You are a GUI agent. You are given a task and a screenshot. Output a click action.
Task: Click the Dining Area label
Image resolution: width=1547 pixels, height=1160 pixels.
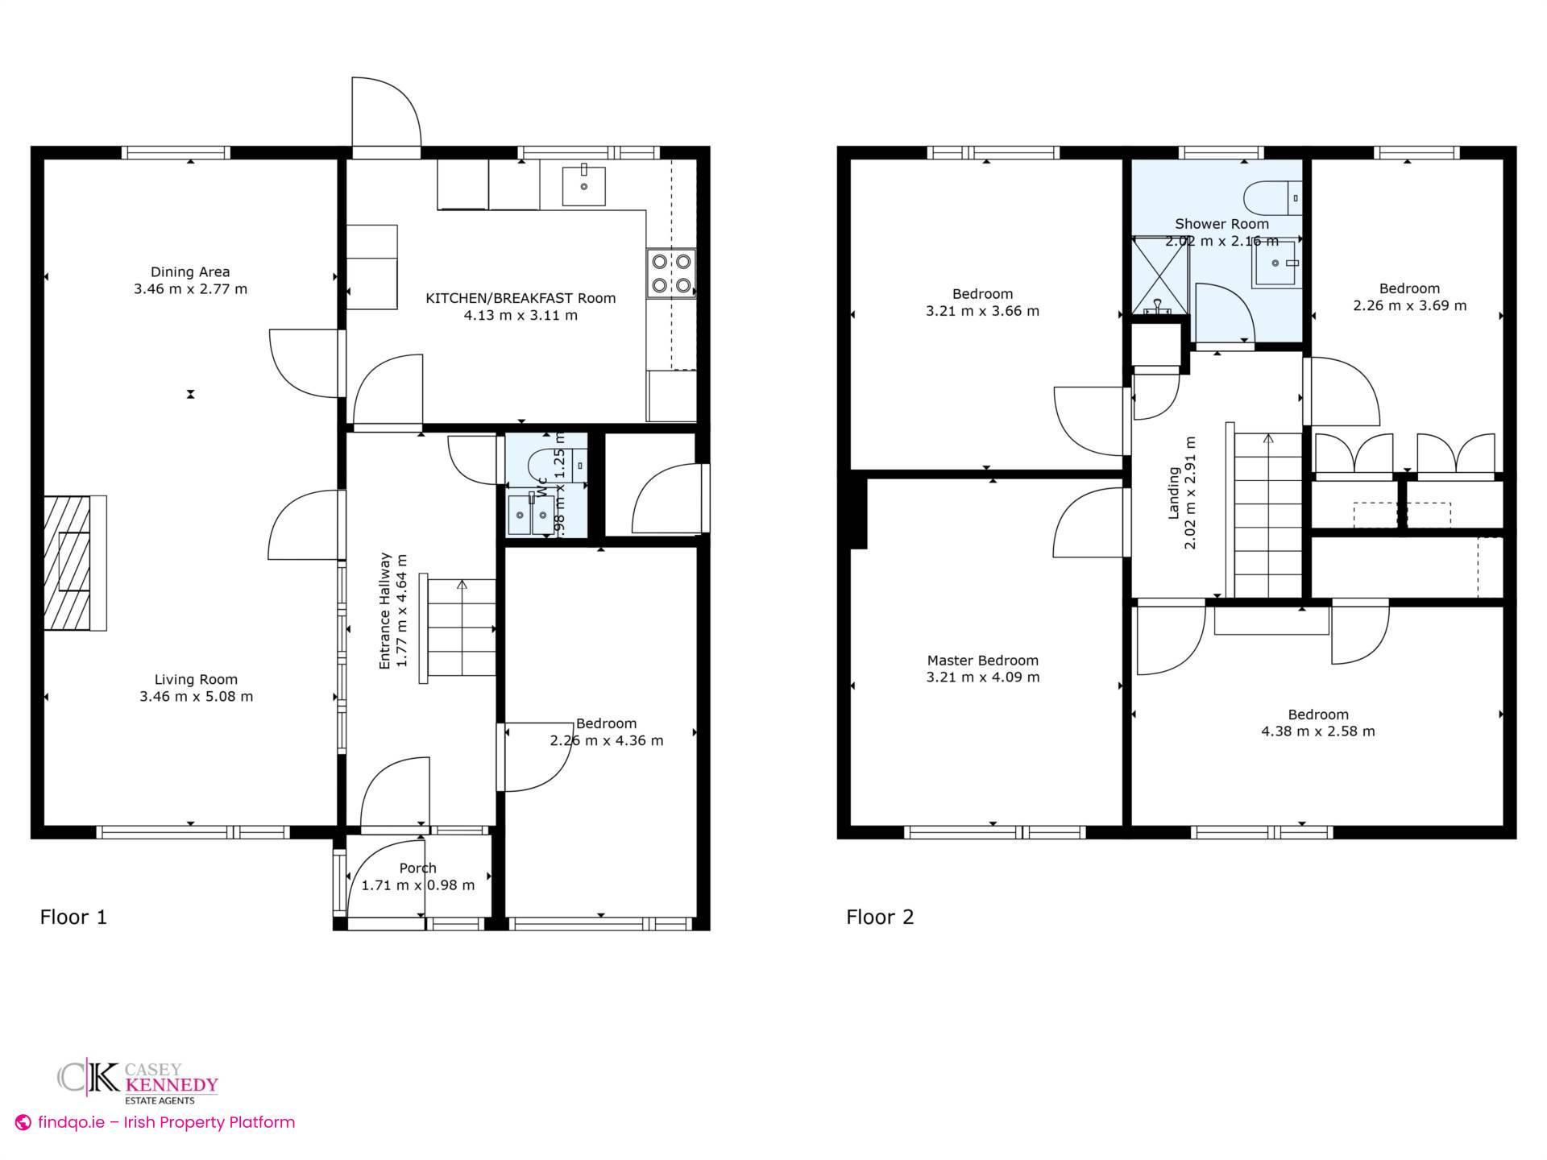click(x=190, y=272)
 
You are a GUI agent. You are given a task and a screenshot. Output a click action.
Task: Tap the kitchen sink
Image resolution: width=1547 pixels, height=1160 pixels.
click(x=584, y=185)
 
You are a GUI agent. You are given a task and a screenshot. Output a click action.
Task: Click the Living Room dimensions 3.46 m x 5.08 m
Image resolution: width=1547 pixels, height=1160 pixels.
click(x=196, y=697)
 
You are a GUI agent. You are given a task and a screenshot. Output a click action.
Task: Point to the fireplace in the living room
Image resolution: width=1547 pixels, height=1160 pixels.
click(x=73, y=562)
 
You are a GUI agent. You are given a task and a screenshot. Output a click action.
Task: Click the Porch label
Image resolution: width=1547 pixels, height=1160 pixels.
click(x=417, y=868)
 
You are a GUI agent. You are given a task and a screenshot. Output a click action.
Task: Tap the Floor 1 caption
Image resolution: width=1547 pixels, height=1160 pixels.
click(x=73, y=917)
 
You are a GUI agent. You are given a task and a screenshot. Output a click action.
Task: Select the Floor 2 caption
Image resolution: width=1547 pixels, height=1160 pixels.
click(x=880, y=917)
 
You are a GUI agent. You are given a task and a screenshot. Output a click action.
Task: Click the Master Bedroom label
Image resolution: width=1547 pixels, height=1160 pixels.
click(x=982, y=661)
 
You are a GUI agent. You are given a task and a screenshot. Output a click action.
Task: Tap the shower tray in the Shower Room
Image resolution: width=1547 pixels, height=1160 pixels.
click(x=1161, y=275)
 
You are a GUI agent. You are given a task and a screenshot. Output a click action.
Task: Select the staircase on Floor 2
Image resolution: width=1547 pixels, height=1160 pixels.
click(x=1268, y=516)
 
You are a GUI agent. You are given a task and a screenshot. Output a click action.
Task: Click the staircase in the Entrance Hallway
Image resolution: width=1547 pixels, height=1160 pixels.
click(x=461, y=628)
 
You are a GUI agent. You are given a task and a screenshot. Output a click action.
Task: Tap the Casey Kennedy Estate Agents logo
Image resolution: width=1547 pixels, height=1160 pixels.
click(x=138, y=1081)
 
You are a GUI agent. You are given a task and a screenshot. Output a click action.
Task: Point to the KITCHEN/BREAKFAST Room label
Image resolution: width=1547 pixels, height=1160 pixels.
click(x=521, y=299)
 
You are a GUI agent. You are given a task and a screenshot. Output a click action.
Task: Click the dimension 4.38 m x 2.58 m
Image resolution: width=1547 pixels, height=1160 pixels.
click(x=1317, y=731)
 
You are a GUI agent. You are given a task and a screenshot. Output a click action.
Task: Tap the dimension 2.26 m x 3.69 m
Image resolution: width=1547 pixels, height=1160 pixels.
click(x=1409, y=306)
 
